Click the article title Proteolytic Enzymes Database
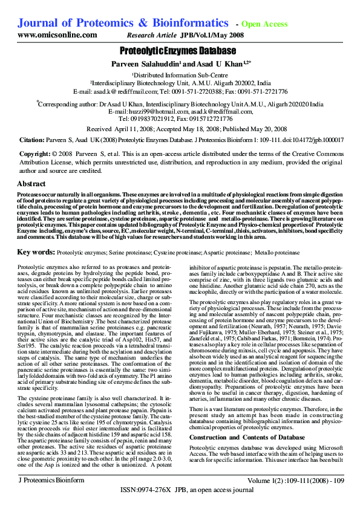pos(180,51)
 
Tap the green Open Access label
pos(264,24)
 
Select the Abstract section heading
pos(31,183)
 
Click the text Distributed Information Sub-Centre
pos(180,74)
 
